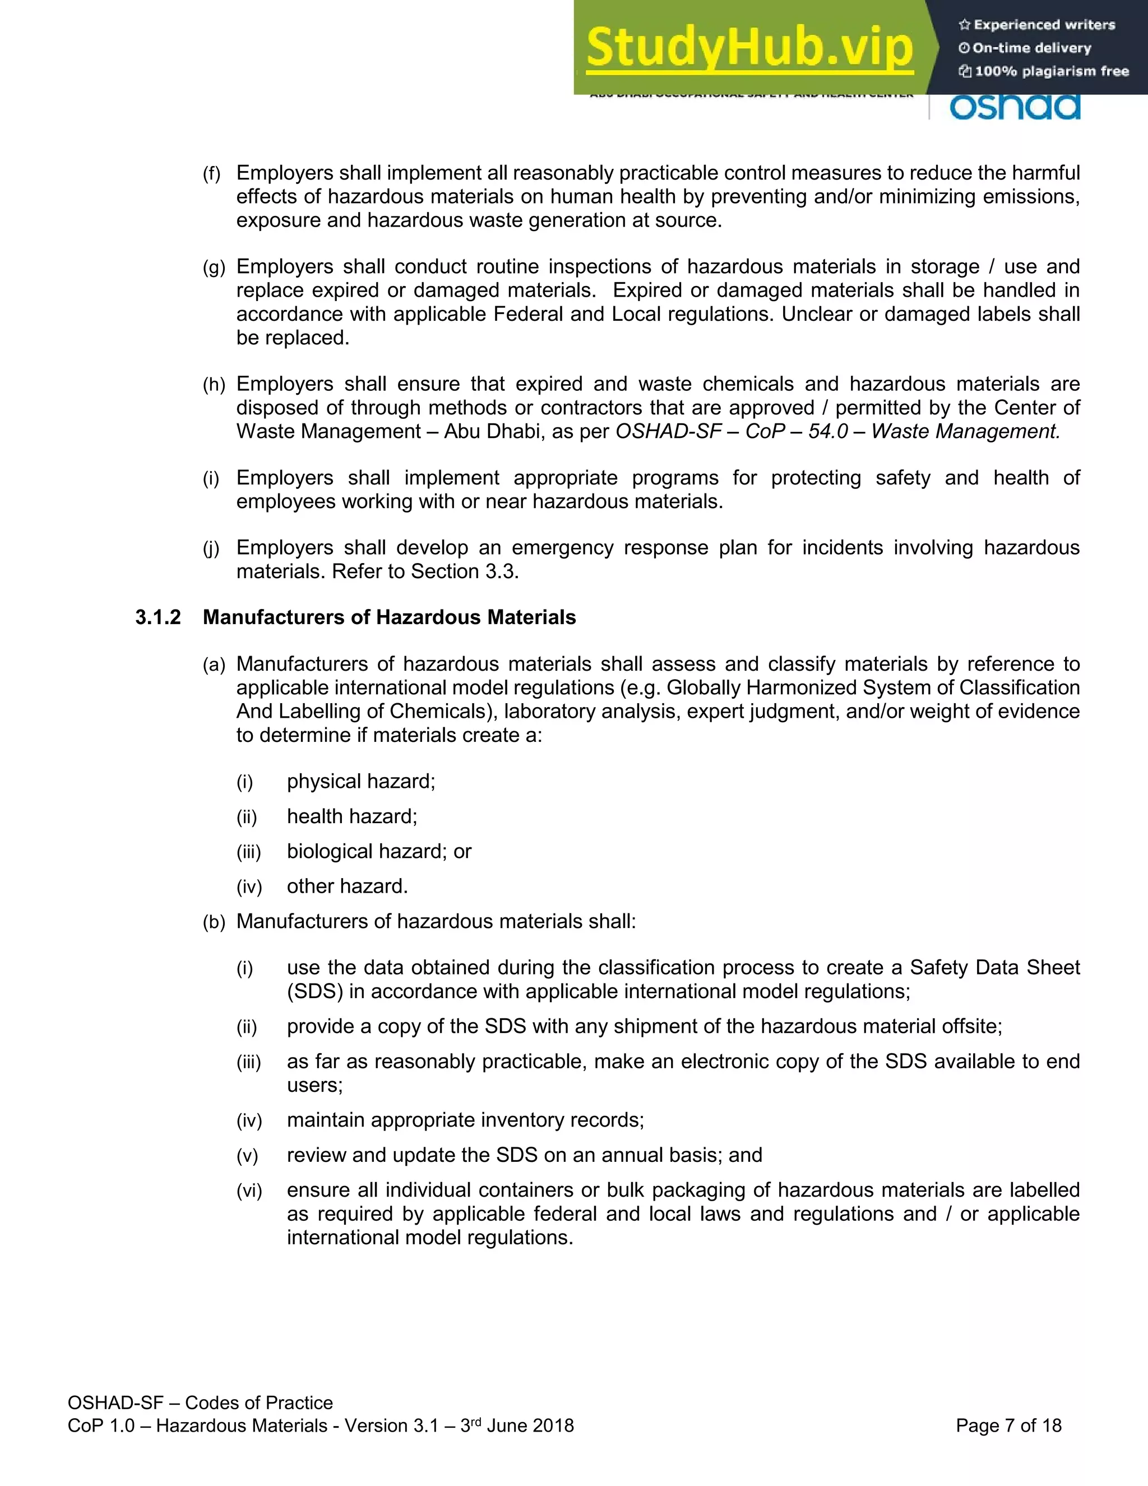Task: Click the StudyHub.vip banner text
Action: pos(749,47)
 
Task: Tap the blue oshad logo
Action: pos(1014,107)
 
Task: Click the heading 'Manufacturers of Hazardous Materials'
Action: pos(389,617)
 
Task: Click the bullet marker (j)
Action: pos(211,548)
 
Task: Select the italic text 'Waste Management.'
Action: pos(966,431)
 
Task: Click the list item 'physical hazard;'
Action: pos(360,781)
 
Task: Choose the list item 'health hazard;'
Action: pos(351,816)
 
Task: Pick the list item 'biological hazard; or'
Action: pos(379,851)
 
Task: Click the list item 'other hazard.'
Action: pos(347,886)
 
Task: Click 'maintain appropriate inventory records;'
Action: pos(465,1120)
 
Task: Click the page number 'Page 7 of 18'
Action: pos(1008,1425)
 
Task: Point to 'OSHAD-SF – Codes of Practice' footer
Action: pos(200,1402)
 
